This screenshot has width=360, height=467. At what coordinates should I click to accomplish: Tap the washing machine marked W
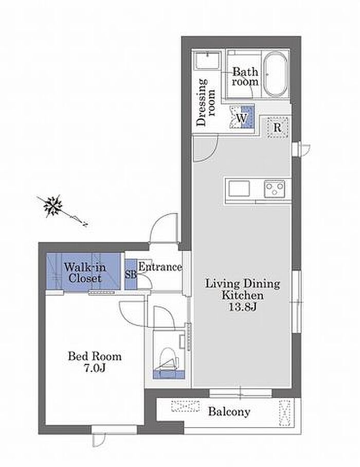242,117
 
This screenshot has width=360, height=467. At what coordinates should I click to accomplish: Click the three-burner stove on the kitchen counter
275,189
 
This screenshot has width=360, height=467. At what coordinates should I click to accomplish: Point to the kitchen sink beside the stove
239,188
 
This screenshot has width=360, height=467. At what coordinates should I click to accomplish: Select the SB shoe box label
131,275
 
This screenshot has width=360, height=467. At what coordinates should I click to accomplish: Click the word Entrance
160,267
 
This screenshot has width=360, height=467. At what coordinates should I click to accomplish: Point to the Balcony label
229,411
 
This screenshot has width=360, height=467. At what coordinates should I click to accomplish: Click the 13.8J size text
242,307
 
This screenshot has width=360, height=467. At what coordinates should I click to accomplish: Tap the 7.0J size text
95,368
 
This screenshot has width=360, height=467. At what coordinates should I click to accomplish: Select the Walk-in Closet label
85,273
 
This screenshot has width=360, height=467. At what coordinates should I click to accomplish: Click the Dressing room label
206,102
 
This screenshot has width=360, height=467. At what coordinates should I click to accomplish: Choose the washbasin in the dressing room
208,61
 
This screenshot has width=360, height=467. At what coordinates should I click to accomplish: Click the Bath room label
245,77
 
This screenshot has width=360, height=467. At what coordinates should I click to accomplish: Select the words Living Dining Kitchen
243,289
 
